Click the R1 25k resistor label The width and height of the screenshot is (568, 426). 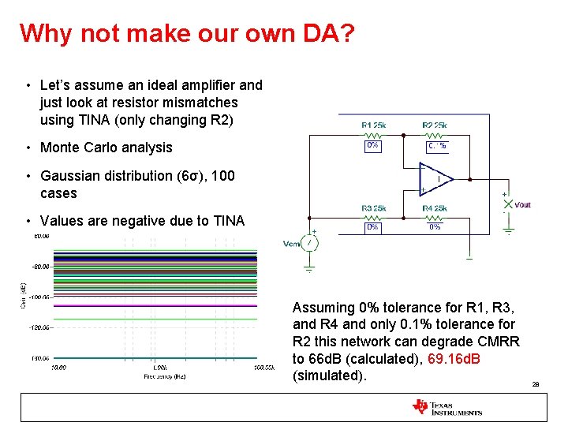click(373, 125)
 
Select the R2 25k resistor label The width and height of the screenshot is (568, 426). click(435, 125)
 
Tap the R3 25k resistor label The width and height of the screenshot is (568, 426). click(373, 207)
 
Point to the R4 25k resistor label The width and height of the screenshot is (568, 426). click(435, 207)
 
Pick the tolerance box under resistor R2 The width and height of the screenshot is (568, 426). click(436, 146)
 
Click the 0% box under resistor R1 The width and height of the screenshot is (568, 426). click(372, 146)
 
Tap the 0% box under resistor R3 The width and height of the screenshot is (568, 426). click(372, 227)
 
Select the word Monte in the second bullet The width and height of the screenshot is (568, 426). click(60, 148)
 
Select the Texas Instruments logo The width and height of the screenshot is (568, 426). click(447, 407)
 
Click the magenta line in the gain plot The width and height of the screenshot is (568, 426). click(154, 305)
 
